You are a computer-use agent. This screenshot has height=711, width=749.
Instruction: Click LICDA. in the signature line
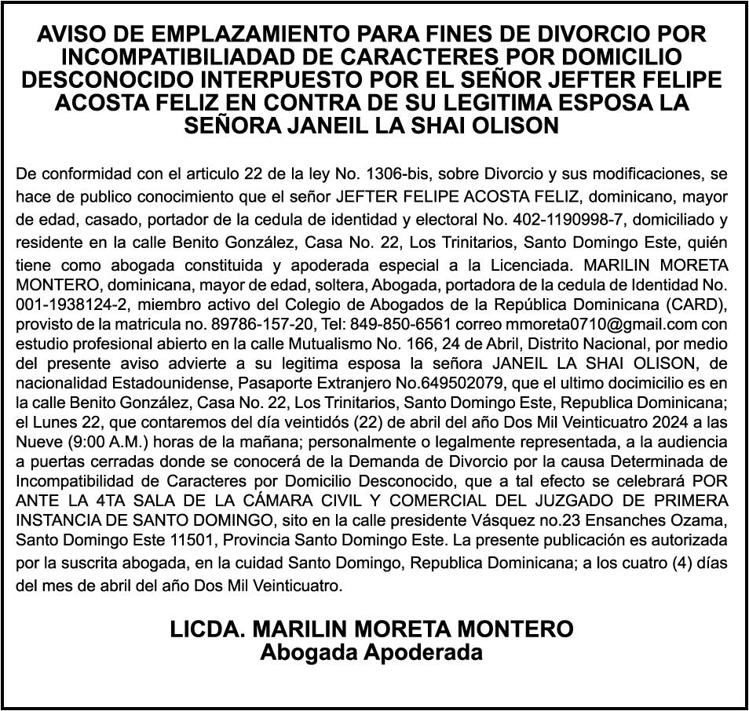click(x=206, y=629)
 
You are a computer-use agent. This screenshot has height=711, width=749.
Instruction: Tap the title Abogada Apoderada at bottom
click(x=371, y=651)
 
